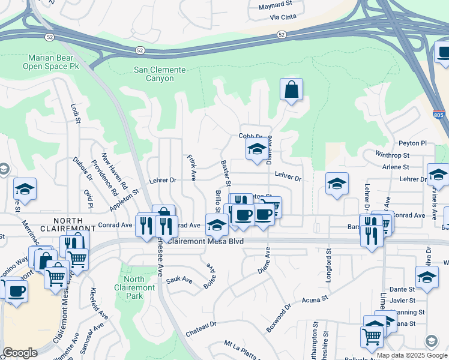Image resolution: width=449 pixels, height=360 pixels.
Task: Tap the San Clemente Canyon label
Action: pos(161,74)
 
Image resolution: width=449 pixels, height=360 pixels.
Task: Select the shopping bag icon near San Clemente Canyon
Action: pos(291,90)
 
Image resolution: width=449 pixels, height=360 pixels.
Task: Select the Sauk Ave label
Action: pos(179,280)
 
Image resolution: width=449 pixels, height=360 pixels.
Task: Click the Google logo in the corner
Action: pos(20,353)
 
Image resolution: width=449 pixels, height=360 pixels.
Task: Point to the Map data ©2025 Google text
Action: pos(411,355)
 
